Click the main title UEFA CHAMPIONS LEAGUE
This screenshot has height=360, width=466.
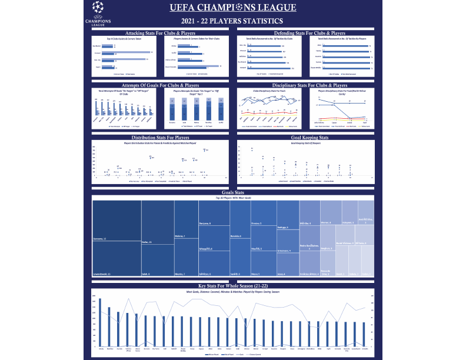[234, 8]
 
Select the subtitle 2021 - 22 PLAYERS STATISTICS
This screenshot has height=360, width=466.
[233, 22]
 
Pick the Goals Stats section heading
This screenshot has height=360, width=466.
[233, 192]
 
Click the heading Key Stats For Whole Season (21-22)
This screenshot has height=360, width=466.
[233, 285]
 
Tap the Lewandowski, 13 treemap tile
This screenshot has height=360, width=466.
[116, 259]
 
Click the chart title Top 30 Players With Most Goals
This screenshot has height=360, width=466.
[233, 198]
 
